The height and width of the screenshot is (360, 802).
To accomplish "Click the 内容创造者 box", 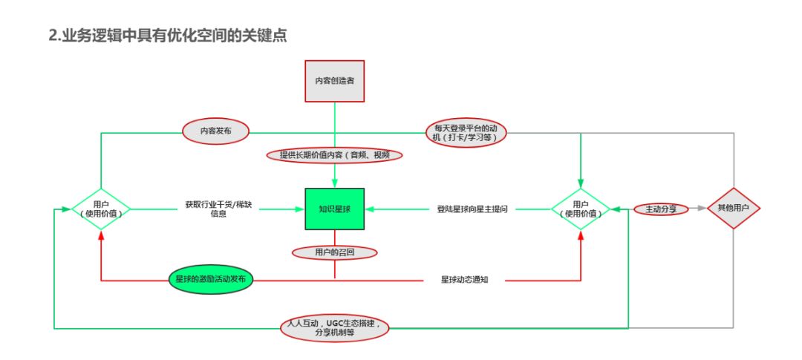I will [335, 80].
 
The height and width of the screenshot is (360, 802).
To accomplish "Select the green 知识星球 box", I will [334, 209].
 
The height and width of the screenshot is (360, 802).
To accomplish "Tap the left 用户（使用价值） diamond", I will [101, 209].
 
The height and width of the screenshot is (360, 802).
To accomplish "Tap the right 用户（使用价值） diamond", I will [581, 209].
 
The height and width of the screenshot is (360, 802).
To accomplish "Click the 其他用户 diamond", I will [734, 209].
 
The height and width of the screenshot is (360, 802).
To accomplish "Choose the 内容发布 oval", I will [216, 131].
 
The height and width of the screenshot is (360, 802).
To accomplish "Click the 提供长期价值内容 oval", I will [335, 155].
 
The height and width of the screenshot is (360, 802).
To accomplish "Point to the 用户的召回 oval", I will [335, 252].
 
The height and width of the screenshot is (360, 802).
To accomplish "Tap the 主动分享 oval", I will [661, 209].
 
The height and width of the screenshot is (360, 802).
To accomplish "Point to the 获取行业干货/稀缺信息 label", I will [213, 209].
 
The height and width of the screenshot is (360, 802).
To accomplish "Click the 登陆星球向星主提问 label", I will [472, 209].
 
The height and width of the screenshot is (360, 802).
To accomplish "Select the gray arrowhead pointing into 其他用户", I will [701, 209].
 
